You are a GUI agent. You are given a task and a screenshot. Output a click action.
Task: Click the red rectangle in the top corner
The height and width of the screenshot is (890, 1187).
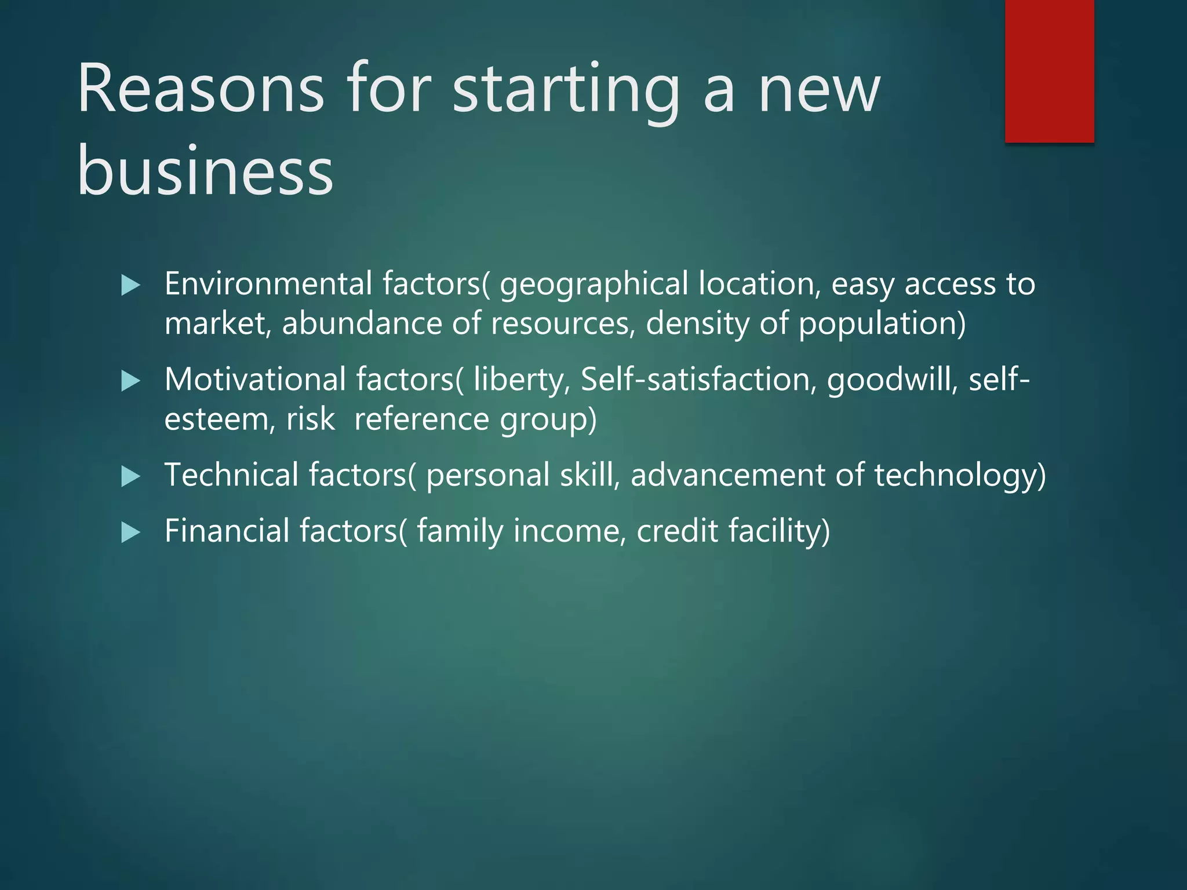click(x=1049, y=71)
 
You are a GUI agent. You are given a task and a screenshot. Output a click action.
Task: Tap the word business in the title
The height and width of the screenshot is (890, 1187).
click(x=205, y=172)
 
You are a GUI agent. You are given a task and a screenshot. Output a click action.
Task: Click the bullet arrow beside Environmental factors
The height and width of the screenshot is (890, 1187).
click(x=131, y=285)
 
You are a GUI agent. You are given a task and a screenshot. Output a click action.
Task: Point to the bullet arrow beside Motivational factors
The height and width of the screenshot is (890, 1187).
click(x=131, y=381)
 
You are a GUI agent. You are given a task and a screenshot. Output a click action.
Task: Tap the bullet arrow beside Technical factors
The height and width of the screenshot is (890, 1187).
click(x=131, y=477)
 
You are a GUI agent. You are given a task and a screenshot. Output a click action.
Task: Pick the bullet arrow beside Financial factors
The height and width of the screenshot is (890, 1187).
click(x=131, y=532)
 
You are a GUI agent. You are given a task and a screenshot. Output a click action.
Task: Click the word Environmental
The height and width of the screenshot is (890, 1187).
click(x=268, y=284)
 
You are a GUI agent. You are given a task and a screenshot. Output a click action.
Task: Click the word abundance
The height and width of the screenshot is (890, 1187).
click(x=362, y=323)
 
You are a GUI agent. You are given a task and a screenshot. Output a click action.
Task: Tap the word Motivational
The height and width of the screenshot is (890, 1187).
click(x=255, y=380)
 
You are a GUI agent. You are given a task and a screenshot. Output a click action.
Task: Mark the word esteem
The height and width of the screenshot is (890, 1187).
click(x=216, y=419)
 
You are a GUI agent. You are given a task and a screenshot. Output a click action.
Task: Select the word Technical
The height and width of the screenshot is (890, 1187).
click(x=231, y=475)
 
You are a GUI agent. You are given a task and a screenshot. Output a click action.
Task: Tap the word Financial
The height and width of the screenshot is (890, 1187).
click(x=227, y=531)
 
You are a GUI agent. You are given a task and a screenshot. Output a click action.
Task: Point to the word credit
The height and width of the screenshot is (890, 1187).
click(x=678, y=531)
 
